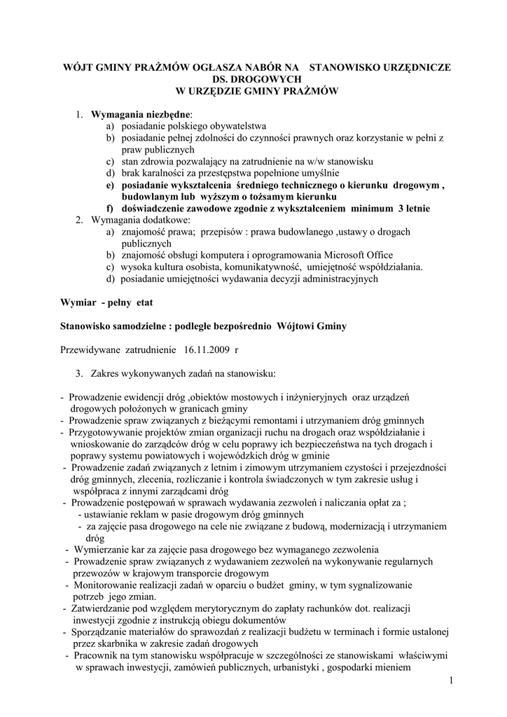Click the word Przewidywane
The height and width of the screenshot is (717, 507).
[x=90, y=347]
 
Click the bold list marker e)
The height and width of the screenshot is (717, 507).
[x=111, y=185]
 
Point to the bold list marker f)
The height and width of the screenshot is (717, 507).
[x=110, y=209]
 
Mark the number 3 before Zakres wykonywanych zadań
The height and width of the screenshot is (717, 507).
[x=79, y=371]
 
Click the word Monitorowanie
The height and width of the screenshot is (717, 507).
[x=106, y=585]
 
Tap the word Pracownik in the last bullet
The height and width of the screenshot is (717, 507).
[x=94, y=655]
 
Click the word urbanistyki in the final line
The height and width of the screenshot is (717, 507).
[x=289, y=667]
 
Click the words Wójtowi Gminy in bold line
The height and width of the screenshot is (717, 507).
[x=312, y=326]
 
